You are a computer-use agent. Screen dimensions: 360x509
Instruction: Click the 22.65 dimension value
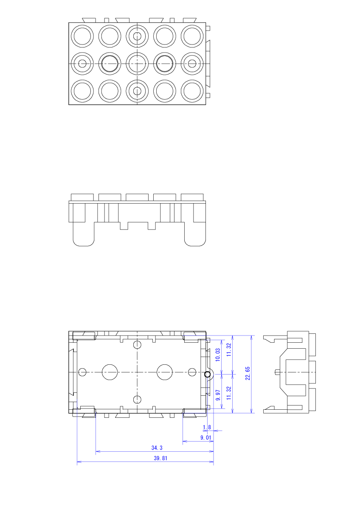(247, 373)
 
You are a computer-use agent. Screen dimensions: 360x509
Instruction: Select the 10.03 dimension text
(218, 355)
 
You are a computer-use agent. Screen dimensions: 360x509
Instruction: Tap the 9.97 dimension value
(218, 395)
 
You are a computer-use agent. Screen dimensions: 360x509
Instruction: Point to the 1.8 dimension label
(207, 427)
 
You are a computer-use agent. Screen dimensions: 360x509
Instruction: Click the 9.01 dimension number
(205, 437)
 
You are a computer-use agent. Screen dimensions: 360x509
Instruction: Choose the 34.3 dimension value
(157, 447)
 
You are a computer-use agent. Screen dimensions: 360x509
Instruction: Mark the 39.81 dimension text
(160, 458)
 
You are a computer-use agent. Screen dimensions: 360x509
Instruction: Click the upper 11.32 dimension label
(228, 350)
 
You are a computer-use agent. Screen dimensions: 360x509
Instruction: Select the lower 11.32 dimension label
(228, 393)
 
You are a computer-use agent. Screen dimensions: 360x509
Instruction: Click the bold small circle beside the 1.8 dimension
(207, 374)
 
